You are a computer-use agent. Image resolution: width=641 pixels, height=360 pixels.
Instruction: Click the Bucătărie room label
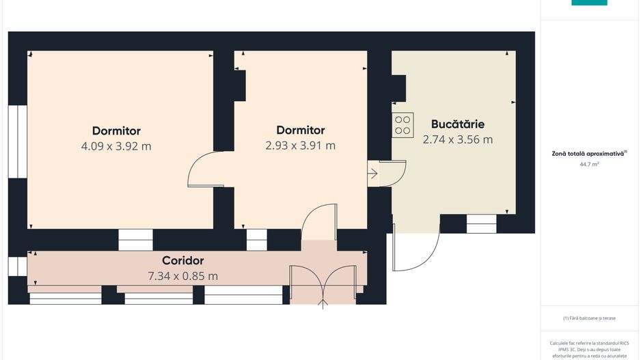click(457, 124)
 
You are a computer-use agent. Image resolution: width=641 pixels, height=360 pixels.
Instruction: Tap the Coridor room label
click(182, 261)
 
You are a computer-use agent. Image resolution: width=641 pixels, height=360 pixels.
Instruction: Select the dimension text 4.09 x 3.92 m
click(116, 146)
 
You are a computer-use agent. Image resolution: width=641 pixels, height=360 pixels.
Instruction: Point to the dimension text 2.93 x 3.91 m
click(301, 146)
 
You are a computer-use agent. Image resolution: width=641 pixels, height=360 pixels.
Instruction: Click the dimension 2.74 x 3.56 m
click(457, 140)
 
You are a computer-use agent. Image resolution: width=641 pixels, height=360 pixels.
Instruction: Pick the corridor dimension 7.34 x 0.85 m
click(182, 276)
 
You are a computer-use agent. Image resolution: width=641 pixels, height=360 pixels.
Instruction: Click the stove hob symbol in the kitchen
click(403, 125)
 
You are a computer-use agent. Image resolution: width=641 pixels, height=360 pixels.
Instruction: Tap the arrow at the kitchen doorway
click(372, 174)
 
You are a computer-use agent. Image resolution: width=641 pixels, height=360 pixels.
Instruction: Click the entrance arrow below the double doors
click(323, 305)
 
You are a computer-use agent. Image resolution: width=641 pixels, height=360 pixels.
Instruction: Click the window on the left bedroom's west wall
click(18, 142)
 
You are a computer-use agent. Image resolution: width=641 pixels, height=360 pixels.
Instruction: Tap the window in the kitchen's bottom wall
click(482, 223)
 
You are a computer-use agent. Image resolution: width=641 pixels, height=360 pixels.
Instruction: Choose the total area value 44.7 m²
click(589, 164)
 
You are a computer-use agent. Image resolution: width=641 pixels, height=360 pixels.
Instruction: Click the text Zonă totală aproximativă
click(588, 154)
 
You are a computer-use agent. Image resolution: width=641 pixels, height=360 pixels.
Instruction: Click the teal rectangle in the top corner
click(589, 3)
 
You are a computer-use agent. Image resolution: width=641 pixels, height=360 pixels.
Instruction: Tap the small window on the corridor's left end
click(18, 266)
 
